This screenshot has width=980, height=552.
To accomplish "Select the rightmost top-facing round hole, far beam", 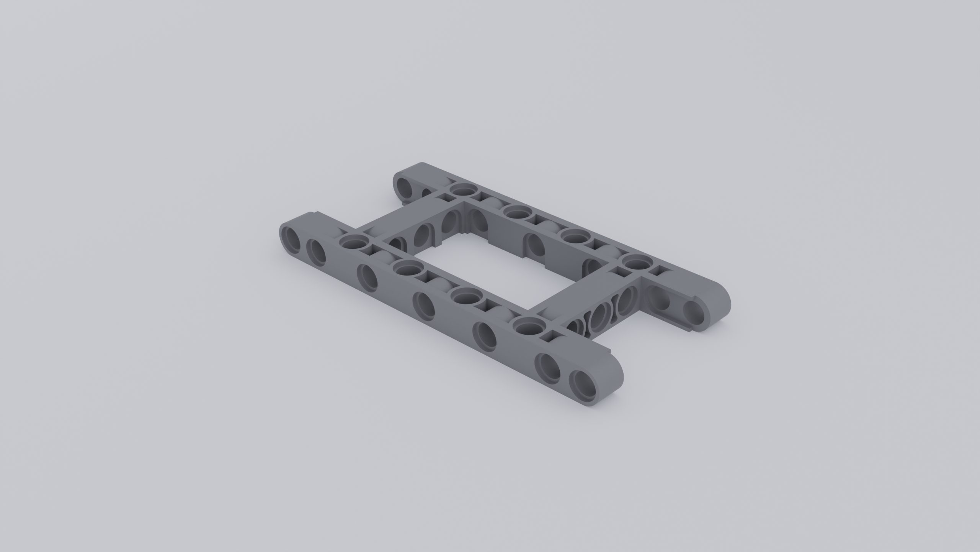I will click(637, 263).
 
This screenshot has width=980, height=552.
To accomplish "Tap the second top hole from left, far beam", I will click(518, 212).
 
